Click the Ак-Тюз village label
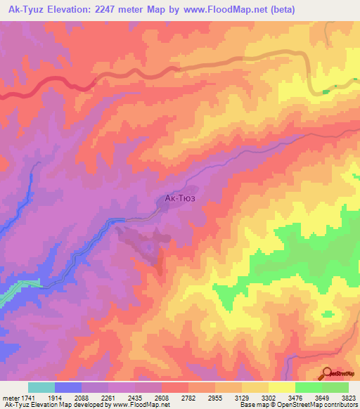tap(179, 199)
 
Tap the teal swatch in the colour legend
tap(41, 387)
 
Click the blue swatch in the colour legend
tap(68, 387)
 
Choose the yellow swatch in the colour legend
tap(281, 387)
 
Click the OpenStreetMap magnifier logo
tap(326, 373)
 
